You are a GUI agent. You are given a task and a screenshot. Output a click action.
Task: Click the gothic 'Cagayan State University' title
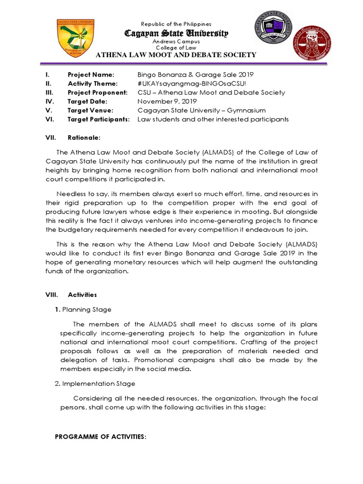[176, 33]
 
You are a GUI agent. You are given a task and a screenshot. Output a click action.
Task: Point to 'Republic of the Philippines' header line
[176, 24]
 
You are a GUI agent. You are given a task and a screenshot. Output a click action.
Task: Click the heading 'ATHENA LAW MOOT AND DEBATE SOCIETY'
[176, 55]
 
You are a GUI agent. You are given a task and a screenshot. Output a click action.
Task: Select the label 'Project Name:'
[91, 75]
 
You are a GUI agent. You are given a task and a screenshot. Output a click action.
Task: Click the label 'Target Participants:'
[98, 120]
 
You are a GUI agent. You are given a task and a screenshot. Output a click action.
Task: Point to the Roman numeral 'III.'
[49, 93]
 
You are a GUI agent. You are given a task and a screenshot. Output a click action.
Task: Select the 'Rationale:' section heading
[84, 138]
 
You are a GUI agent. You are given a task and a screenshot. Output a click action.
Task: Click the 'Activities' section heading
[82, 294]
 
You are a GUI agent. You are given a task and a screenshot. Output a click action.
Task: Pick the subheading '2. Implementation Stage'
[95, 383]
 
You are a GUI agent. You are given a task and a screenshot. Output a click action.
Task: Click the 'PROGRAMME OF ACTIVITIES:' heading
[101, 437]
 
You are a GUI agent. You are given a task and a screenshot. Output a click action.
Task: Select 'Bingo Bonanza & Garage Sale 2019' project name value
[195, 75]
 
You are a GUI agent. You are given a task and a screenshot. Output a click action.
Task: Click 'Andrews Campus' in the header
[176, 42]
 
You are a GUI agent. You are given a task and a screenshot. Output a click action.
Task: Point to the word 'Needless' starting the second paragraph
[71, 194]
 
